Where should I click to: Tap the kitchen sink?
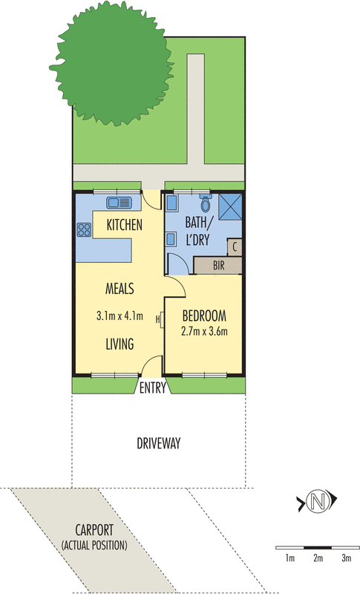119,201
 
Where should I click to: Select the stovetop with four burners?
82,231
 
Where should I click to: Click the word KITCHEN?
125,225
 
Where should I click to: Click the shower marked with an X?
229,205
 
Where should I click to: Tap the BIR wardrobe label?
217,264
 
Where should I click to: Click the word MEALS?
120,287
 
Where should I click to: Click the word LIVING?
119,344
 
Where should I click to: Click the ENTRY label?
152,387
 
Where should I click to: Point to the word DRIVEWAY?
159,444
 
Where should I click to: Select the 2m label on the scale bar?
318,557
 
